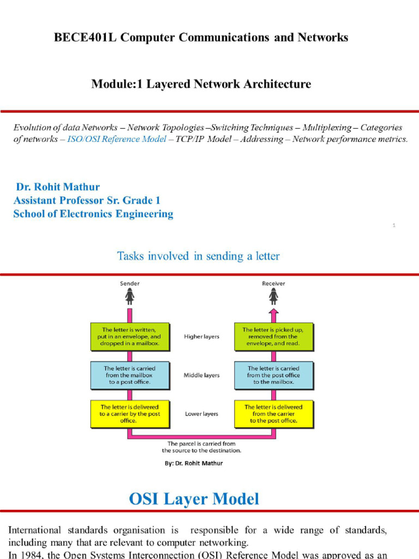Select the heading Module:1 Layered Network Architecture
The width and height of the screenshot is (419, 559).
point(201,84)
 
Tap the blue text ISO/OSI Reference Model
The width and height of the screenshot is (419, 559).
point(117,139)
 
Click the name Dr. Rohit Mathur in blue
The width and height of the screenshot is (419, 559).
point(58,187)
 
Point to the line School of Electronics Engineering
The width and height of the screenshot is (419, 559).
point(93,214)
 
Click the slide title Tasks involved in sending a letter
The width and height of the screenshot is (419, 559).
point(198,255)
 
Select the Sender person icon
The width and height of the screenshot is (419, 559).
point(130,296)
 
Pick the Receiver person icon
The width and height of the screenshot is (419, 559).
point(273,296)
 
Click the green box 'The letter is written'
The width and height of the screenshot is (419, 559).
point(130,337)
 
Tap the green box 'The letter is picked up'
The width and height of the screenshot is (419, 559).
point(274,337)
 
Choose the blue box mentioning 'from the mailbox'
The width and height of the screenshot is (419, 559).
point(130,375)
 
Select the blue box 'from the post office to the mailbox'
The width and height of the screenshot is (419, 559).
point(274,375)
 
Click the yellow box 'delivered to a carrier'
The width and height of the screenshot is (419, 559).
point(130,414)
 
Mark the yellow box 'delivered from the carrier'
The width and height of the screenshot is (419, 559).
point(274,414)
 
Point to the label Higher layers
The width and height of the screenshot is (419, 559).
point(202,337)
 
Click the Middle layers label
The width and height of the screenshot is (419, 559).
point(202,375)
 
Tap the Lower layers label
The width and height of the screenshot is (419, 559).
point(202,414)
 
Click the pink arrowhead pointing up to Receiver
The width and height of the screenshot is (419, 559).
point(273,313)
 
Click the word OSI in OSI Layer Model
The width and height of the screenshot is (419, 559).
point(149,498)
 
